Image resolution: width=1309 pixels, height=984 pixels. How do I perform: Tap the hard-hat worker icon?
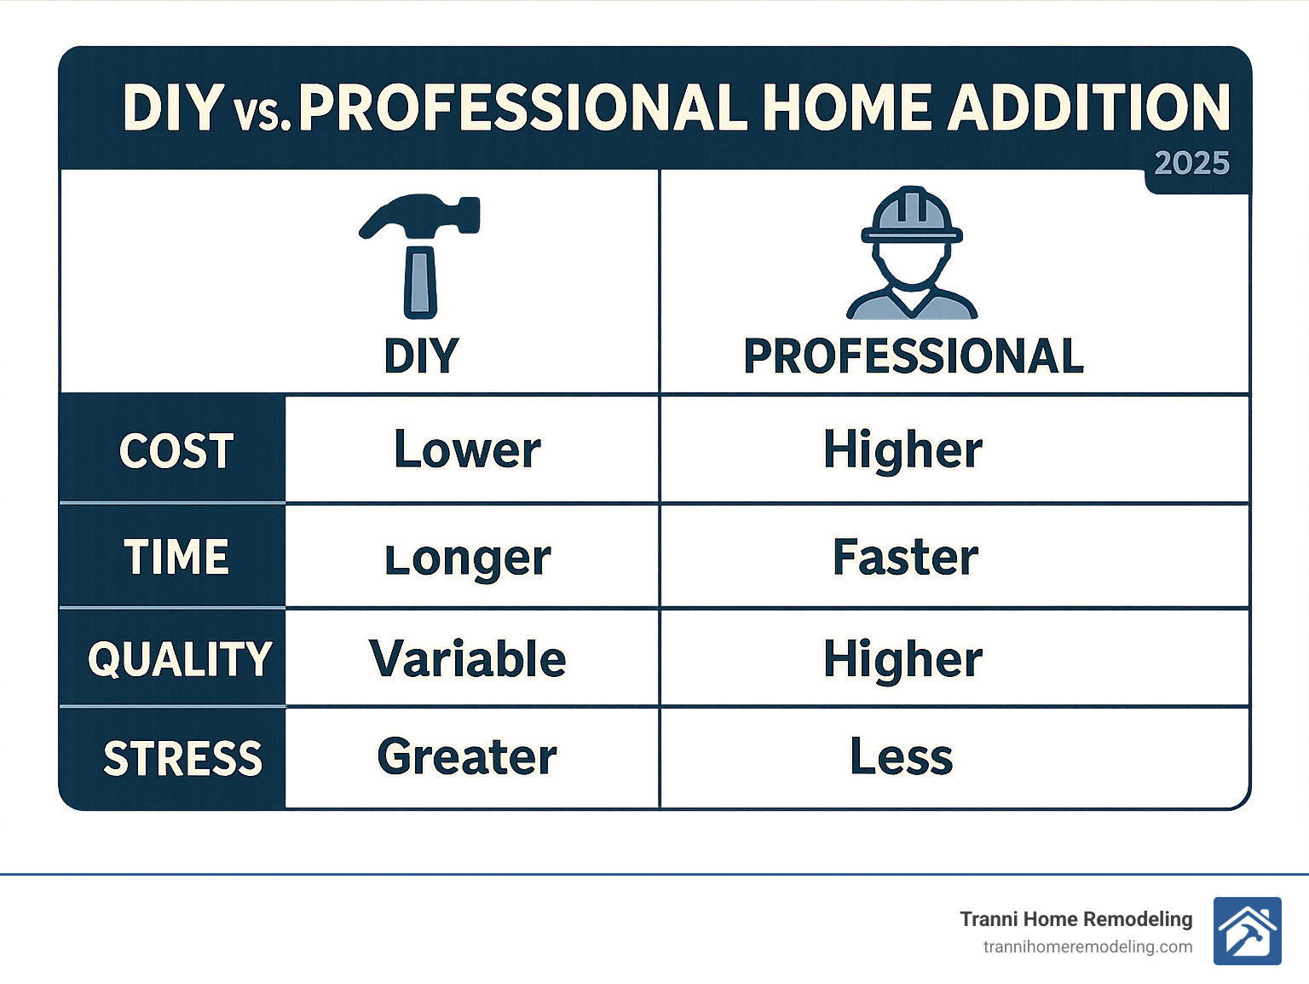coord(911,252)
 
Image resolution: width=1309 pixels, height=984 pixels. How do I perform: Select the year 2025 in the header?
coord(1191,164)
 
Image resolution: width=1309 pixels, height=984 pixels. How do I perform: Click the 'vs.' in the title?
coord(262,113)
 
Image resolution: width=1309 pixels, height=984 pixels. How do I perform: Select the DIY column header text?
coord(421,356)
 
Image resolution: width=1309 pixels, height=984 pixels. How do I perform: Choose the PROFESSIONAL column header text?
coord(913,356)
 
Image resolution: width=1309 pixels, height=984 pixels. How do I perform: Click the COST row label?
coord(176,451)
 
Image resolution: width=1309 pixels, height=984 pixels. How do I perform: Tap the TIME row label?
coord(176,558)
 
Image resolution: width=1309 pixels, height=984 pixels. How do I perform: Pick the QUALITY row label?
coord(180,660)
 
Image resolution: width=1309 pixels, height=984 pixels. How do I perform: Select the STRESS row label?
coord(182,759)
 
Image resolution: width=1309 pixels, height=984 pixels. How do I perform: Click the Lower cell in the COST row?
coord(467,449)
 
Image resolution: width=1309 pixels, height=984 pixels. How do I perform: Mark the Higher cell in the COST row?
coord(902,449)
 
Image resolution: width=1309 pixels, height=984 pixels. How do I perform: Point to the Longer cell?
coord(468,559)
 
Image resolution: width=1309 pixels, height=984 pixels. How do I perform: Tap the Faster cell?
coord(905,557)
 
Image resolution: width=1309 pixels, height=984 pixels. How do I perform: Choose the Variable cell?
coord(467,658)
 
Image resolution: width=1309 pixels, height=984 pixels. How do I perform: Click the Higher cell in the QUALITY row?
coord(902,659)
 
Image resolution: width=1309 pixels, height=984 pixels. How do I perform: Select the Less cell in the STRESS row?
coord(901,756)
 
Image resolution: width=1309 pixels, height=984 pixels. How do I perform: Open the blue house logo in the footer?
coord(1247,931)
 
